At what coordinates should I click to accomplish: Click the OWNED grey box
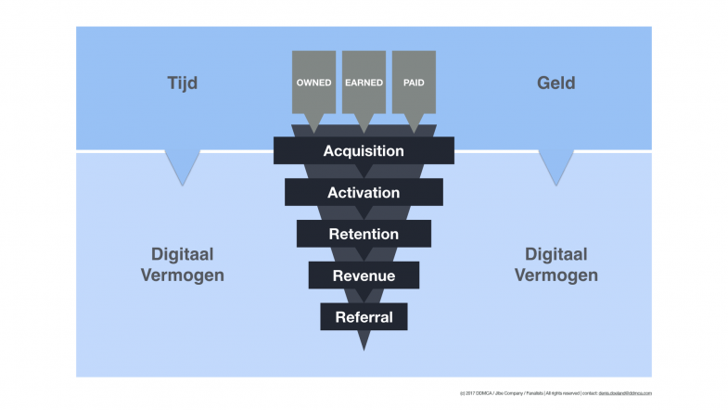(313, 82)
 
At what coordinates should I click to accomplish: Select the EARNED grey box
(364, 82)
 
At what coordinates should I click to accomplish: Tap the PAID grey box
(414, 82)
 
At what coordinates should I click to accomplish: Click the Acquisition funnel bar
(364, 150)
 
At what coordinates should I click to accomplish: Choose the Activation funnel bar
(364, 192)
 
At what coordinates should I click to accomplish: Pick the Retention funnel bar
(364, 234)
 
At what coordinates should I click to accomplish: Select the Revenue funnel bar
(364, 275)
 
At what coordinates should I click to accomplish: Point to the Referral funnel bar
(364, 317)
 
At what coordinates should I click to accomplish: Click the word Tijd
(182, 83)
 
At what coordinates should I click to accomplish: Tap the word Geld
(556, 83)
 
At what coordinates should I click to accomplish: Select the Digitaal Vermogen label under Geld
(556, 264)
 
